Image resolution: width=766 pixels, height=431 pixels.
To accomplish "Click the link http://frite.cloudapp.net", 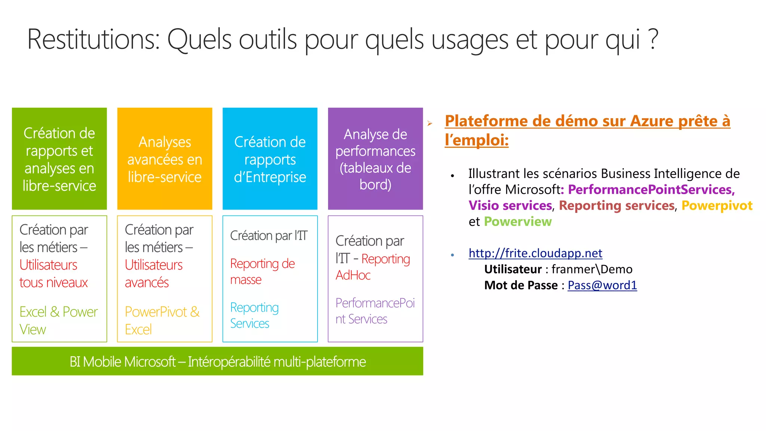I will pyautogui.click(x=535, y=253).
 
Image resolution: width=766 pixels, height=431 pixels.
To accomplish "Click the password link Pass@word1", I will pyautogui.click(x=602, y=285).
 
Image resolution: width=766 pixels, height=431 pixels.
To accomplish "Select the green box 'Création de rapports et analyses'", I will pyautogui.click(x=59, y=159).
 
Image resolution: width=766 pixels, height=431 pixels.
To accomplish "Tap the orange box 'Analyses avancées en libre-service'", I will pyautogui.click(x=165, y=159).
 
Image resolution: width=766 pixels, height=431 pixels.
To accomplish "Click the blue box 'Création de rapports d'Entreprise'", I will pyautogui.click(x=270, y=159).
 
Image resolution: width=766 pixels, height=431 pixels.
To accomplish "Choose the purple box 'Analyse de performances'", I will pyautogui.click(x=375, y=159).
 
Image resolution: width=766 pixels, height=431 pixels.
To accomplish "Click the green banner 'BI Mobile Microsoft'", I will pyautogui.click(x=217, y=361).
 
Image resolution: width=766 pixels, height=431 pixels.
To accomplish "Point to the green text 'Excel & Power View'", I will pyautogui.click(x=58, y=320).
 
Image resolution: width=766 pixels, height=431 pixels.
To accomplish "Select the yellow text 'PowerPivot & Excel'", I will pyautogui.click(x=162, y=320).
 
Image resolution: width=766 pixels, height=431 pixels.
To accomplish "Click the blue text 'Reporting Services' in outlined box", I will pyautogui.click(x=254, y=315).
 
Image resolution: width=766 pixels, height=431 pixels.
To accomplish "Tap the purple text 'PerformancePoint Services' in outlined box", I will pyautogui.click(x=374, y=311).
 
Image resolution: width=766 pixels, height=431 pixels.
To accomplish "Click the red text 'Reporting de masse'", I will pyautogui.click(x=262, y=271).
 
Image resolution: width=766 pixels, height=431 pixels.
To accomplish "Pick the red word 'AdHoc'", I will pyautogui.click(x=353, y=275).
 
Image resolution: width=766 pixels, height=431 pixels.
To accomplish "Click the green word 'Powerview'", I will pyautogui.click(x=518, y=221).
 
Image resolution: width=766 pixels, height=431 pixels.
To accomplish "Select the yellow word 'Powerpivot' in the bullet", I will pyautogui.click(x=717, y=205).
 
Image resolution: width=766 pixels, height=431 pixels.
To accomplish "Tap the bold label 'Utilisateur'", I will pyautogui.click(x=513, y=269).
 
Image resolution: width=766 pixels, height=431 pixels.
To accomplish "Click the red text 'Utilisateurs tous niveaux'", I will pyautogui.click(x=53, y=274).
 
